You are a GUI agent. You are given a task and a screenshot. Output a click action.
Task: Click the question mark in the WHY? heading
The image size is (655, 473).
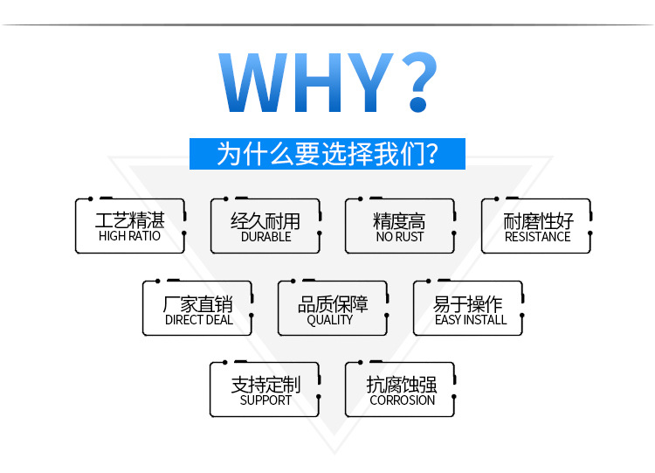[419, 81]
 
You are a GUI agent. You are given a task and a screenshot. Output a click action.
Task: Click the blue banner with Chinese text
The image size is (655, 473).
[327, 154]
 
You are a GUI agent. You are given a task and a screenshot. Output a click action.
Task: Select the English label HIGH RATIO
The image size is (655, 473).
[129, 236]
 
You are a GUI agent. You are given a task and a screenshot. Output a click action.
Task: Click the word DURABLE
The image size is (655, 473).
[266, 237]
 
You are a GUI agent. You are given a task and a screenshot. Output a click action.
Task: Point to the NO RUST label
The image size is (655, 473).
[400, 237]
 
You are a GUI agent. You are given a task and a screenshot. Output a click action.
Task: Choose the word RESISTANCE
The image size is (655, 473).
[538, 237]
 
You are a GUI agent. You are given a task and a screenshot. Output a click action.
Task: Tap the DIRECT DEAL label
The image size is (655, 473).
[199, 320]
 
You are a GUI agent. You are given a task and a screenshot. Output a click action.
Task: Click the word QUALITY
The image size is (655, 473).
[330, 320]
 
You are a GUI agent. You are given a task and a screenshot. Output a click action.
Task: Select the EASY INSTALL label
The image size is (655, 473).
[471, 320]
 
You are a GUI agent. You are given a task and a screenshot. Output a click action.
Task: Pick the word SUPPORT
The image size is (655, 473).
[265, 400]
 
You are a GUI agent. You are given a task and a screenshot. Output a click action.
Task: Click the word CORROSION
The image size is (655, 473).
[403, 400]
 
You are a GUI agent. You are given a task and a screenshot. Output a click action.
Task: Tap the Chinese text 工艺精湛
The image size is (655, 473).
[130, 220]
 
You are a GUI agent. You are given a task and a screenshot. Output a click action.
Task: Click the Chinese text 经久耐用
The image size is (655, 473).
[265, 221]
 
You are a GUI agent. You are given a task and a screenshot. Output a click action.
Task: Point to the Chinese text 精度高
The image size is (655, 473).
[399, 221]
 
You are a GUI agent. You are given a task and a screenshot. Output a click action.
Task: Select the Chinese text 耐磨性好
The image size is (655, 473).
[538, 221]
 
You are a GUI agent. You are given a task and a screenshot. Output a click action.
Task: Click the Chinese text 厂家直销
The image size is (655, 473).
[198, 304]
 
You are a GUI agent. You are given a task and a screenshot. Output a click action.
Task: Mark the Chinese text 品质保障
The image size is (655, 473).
[333, 304]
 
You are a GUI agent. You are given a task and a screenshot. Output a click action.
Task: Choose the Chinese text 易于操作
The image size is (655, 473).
[468, 304]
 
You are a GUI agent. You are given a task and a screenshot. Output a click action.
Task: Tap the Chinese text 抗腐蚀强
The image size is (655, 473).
[402, 385]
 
